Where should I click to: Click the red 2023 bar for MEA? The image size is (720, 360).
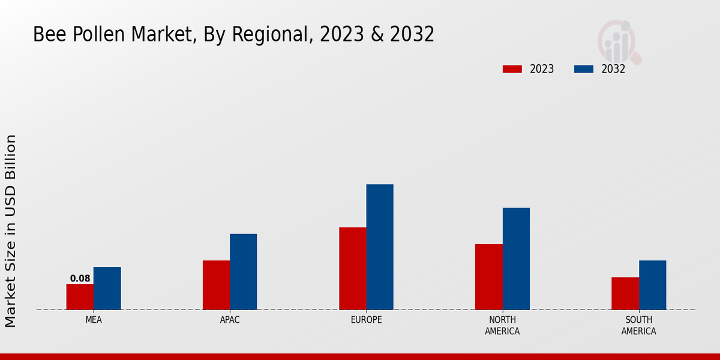pos(80,297)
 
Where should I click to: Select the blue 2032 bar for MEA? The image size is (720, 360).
pos(107,289)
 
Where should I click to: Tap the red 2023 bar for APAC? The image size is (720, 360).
pos(216,285)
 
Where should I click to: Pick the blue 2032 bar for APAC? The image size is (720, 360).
pos(243,272)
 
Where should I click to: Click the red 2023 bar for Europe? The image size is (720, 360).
pos(352,269)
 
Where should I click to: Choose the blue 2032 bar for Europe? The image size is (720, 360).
pos(380,247)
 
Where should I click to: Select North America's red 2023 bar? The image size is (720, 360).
pos(488,277)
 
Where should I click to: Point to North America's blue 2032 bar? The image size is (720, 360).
pos(516,259)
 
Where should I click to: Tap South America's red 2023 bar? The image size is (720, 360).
pos(625,293)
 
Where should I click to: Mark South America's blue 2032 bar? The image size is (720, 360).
pos(652,285)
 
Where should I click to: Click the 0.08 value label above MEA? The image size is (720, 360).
pos(80,278)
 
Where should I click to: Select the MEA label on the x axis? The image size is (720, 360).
pos(94,320)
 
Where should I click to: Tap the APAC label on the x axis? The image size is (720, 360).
pos(230,320)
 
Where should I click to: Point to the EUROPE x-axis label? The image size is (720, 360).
pos(366,320)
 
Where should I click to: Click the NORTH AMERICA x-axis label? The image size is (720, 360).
pos(502,325)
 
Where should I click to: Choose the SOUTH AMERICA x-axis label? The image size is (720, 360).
pos(638,325)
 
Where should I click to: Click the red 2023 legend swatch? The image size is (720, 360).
pos(512,69)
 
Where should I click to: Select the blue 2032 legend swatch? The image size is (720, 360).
pos(583,69)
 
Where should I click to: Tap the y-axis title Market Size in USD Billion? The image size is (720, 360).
pos(11,231)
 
